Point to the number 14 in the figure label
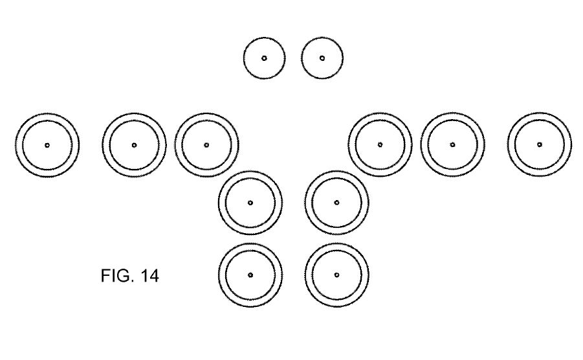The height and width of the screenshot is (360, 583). [x=148, y=276]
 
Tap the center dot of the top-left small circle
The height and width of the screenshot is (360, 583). [x=264, y=58]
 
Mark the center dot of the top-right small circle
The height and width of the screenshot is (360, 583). [x=322, y=58]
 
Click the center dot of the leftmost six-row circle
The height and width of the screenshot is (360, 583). [x=47, y=145]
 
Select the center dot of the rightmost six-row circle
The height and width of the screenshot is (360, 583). [x=540, y=145]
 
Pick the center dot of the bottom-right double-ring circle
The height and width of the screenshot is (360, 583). [x=336, y=275]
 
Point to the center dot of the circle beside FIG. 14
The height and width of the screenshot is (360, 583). [x=250, y=275]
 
